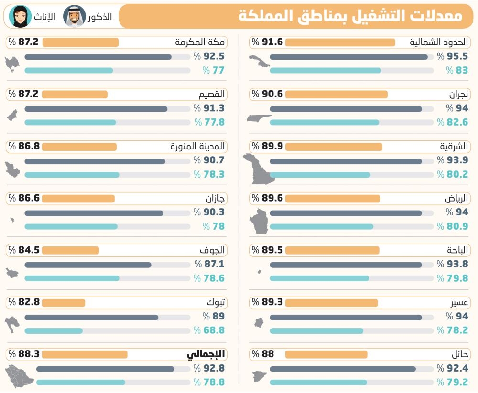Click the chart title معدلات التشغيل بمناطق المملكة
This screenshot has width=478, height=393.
click(350, 16)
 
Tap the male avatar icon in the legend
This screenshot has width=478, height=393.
click(75, 16)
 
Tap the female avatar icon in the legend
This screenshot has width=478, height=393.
click(20, 16)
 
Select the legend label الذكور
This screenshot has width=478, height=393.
click(100, 16)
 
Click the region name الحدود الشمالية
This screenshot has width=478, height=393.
click(439, 42)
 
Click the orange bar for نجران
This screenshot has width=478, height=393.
click(336, 95)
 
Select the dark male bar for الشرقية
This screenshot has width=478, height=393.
click(346, 161)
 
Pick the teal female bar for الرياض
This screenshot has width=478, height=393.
click(321, 227)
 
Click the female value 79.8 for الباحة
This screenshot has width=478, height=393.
click(457, 278)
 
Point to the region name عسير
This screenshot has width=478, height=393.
click(459, 303)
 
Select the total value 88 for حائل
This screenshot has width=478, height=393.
click(268, 354)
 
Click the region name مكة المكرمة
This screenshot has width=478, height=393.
click(200, 42)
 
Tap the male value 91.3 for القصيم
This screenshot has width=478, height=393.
click(214, 108)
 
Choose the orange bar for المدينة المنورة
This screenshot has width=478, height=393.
click(79, 147)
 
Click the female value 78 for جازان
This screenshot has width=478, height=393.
click(218, 226)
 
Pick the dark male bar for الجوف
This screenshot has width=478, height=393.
click(88, 265)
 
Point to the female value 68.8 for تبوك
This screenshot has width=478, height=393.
click(214, 330)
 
